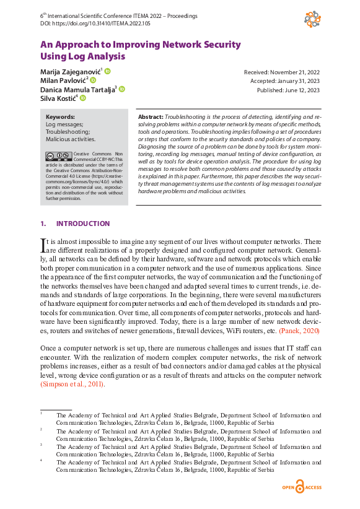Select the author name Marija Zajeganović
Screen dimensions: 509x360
click(70, 72)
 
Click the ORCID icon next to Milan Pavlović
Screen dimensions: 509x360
click(93, 80)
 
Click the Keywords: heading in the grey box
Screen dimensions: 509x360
click(60, 116)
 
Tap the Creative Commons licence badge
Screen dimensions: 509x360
click(58, 156)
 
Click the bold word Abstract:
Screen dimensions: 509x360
click(151, 116)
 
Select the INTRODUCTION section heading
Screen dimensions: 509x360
click(83, 224)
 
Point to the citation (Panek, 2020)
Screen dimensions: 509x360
click(300, 331)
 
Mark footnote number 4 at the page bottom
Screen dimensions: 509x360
click(42, 460)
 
